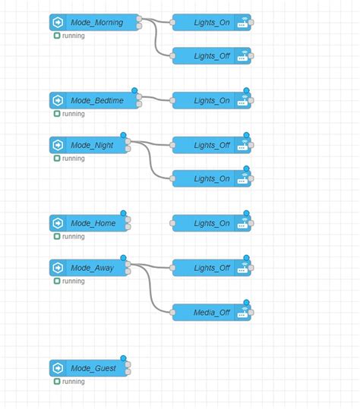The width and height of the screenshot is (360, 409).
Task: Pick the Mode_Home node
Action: click(93, 223)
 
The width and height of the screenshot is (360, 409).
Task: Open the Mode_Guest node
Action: click(93, 368)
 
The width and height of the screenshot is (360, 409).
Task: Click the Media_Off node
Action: click(211, 313)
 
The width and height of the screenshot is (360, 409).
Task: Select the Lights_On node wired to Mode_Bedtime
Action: click(211, 100)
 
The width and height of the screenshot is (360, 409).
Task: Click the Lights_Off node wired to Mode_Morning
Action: click(211, 55)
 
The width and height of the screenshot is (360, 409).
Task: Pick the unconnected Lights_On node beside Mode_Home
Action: click(211, 223)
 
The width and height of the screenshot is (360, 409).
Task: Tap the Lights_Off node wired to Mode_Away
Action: click(211, 268)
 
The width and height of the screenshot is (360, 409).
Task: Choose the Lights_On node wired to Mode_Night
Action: click(211, 178)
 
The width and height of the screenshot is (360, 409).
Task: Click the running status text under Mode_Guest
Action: click(73, 382)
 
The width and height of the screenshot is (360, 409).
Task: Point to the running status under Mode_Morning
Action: click(73, 36)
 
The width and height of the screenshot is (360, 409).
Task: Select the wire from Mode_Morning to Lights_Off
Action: click(156, 42)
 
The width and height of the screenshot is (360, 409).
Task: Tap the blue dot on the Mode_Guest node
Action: click(123, 358)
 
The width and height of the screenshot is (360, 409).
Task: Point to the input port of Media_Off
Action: click(173, 313)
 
